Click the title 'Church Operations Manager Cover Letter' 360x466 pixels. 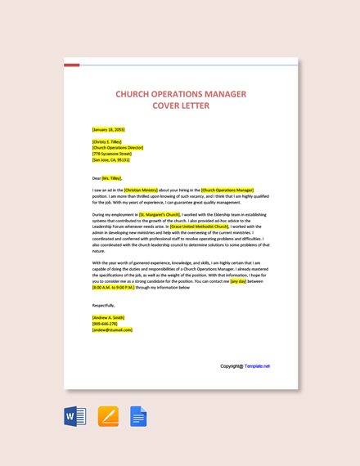click(180, 99)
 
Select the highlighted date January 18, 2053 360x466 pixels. click(109, 129)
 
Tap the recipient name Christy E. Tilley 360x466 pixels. click(107, 141)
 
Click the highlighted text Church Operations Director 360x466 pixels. click(118, 147)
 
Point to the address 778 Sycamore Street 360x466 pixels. click(112, 154)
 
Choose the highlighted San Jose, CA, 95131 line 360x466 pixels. click(111, 159)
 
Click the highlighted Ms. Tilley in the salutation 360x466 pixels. click(112, 177)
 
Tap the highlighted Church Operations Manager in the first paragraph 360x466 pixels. click(227, 190)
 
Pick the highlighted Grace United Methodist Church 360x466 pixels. click(200, 226)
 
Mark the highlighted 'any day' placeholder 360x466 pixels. click(238, 281)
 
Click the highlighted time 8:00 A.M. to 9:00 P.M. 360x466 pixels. click(113, 287)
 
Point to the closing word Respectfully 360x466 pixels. click(104, 305)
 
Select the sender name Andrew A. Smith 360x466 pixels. click(109, 317)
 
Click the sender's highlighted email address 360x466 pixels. click(112, 329)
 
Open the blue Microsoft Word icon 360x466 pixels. click(75, 417)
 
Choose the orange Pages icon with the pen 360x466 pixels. click(108, 417)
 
